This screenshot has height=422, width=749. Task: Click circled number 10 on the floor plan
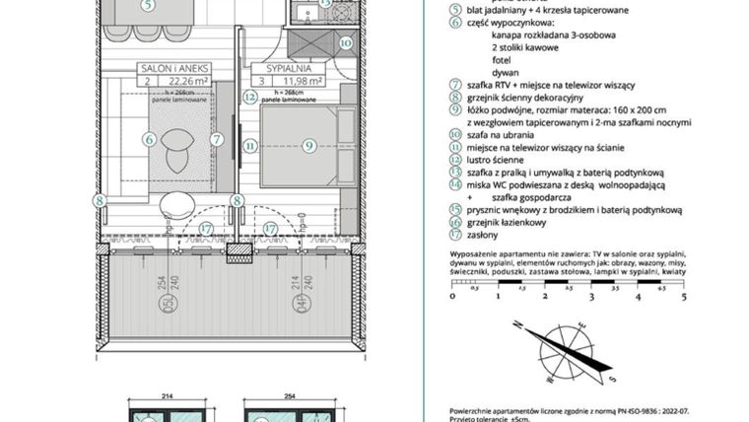345,43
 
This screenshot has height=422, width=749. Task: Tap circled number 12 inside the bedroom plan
250,98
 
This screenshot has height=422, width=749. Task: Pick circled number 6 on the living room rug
150,141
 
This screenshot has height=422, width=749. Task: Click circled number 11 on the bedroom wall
250,146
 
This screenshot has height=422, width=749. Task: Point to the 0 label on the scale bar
452,295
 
